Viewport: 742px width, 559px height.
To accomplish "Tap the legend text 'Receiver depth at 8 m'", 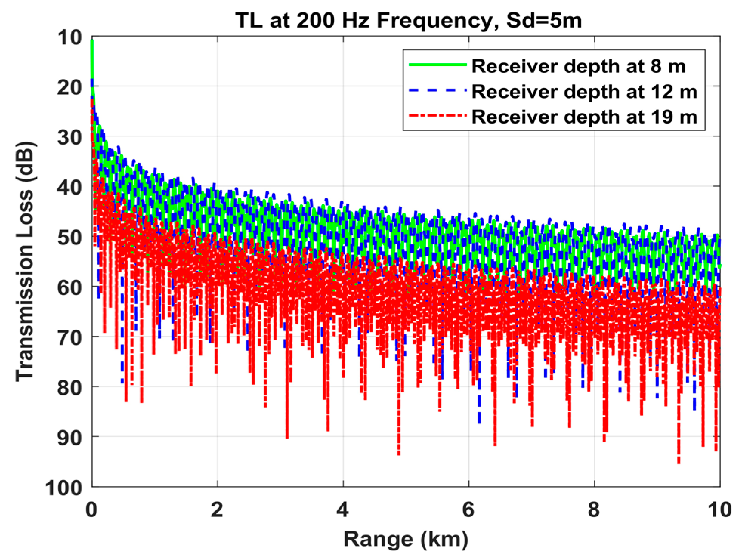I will pos(578,66).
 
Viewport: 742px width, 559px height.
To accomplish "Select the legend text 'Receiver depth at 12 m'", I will pos(584,92).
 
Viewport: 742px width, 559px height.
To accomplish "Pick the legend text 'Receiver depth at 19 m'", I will pos(584,117).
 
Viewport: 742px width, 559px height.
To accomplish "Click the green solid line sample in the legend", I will pos(437,65).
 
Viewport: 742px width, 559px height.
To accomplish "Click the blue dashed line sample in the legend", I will pos(437,91).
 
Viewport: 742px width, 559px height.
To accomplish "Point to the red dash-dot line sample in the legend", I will pos(437,116).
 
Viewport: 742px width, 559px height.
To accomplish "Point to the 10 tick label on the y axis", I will pos(70,37).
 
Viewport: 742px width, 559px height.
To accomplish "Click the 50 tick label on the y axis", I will pos(70,238).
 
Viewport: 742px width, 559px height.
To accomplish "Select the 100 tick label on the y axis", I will pos(63,488).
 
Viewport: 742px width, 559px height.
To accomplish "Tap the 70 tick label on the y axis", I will pos(70,338).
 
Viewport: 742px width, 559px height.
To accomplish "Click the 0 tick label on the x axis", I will pos(91,510).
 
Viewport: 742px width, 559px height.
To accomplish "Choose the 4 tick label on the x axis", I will pos(343,510).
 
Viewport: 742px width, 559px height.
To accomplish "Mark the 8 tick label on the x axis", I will pos(594,510).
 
